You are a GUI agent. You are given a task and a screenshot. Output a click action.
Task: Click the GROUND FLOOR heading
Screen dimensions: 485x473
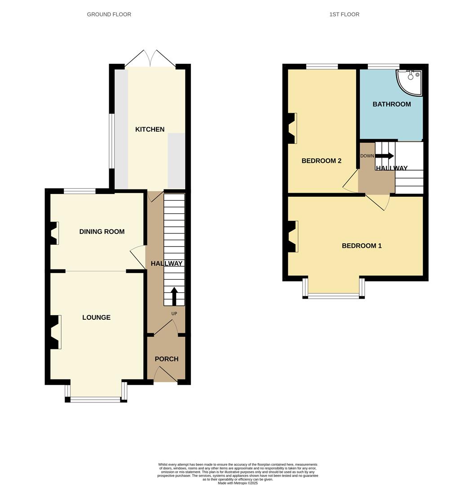pos(109,14)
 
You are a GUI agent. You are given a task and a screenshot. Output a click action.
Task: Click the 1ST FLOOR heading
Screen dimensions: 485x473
pos(344,14)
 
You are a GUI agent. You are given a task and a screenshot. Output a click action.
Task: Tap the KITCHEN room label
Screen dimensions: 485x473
pos(150,129)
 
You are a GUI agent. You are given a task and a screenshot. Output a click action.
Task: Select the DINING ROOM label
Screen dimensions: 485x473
pos(102,232)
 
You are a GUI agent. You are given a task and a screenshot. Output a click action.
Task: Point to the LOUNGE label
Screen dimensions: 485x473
pos(96,317)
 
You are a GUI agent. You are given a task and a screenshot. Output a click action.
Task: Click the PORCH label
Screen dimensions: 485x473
pos(167,359)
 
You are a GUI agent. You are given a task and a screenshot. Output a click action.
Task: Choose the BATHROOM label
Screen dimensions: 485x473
pos(392,104)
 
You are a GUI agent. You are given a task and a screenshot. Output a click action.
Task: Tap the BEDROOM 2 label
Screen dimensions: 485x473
pos(322,161)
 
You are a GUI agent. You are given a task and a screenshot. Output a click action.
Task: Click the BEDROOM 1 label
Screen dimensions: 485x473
pos(362,246)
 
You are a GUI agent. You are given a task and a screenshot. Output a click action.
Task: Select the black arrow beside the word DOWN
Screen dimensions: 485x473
pos(385,156)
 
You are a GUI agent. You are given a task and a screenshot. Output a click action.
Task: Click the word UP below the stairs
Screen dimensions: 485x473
pos(174,313)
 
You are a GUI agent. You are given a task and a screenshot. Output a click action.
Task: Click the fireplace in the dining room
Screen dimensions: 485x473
pos(54,233)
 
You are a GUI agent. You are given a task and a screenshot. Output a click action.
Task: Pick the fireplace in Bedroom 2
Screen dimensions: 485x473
pos(292,128)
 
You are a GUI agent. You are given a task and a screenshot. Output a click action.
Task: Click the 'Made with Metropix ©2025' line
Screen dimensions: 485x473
pos(238,483)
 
